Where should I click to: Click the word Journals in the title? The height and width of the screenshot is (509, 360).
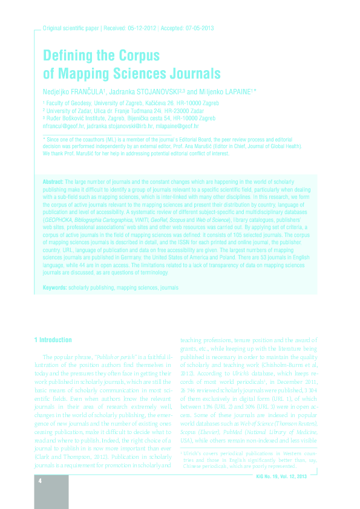pyautogui.click(x=191, y=74)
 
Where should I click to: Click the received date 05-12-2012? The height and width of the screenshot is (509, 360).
pyautogui.click(x=142, y=28)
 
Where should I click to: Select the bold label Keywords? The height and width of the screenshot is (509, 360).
pyautogui.click(x=55, y=288)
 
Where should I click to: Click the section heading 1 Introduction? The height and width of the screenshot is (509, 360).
pyautogui.click(x=53, y=340)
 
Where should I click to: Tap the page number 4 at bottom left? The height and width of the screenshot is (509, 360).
pyautogui.click(x=39, y=481)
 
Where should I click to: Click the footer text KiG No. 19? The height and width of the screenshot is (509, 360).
pyautogui.click(x=273, y=477)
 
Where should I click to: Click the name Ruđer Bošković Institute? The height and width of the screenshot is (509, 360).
pyautogui.click(x=76, y=118)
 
